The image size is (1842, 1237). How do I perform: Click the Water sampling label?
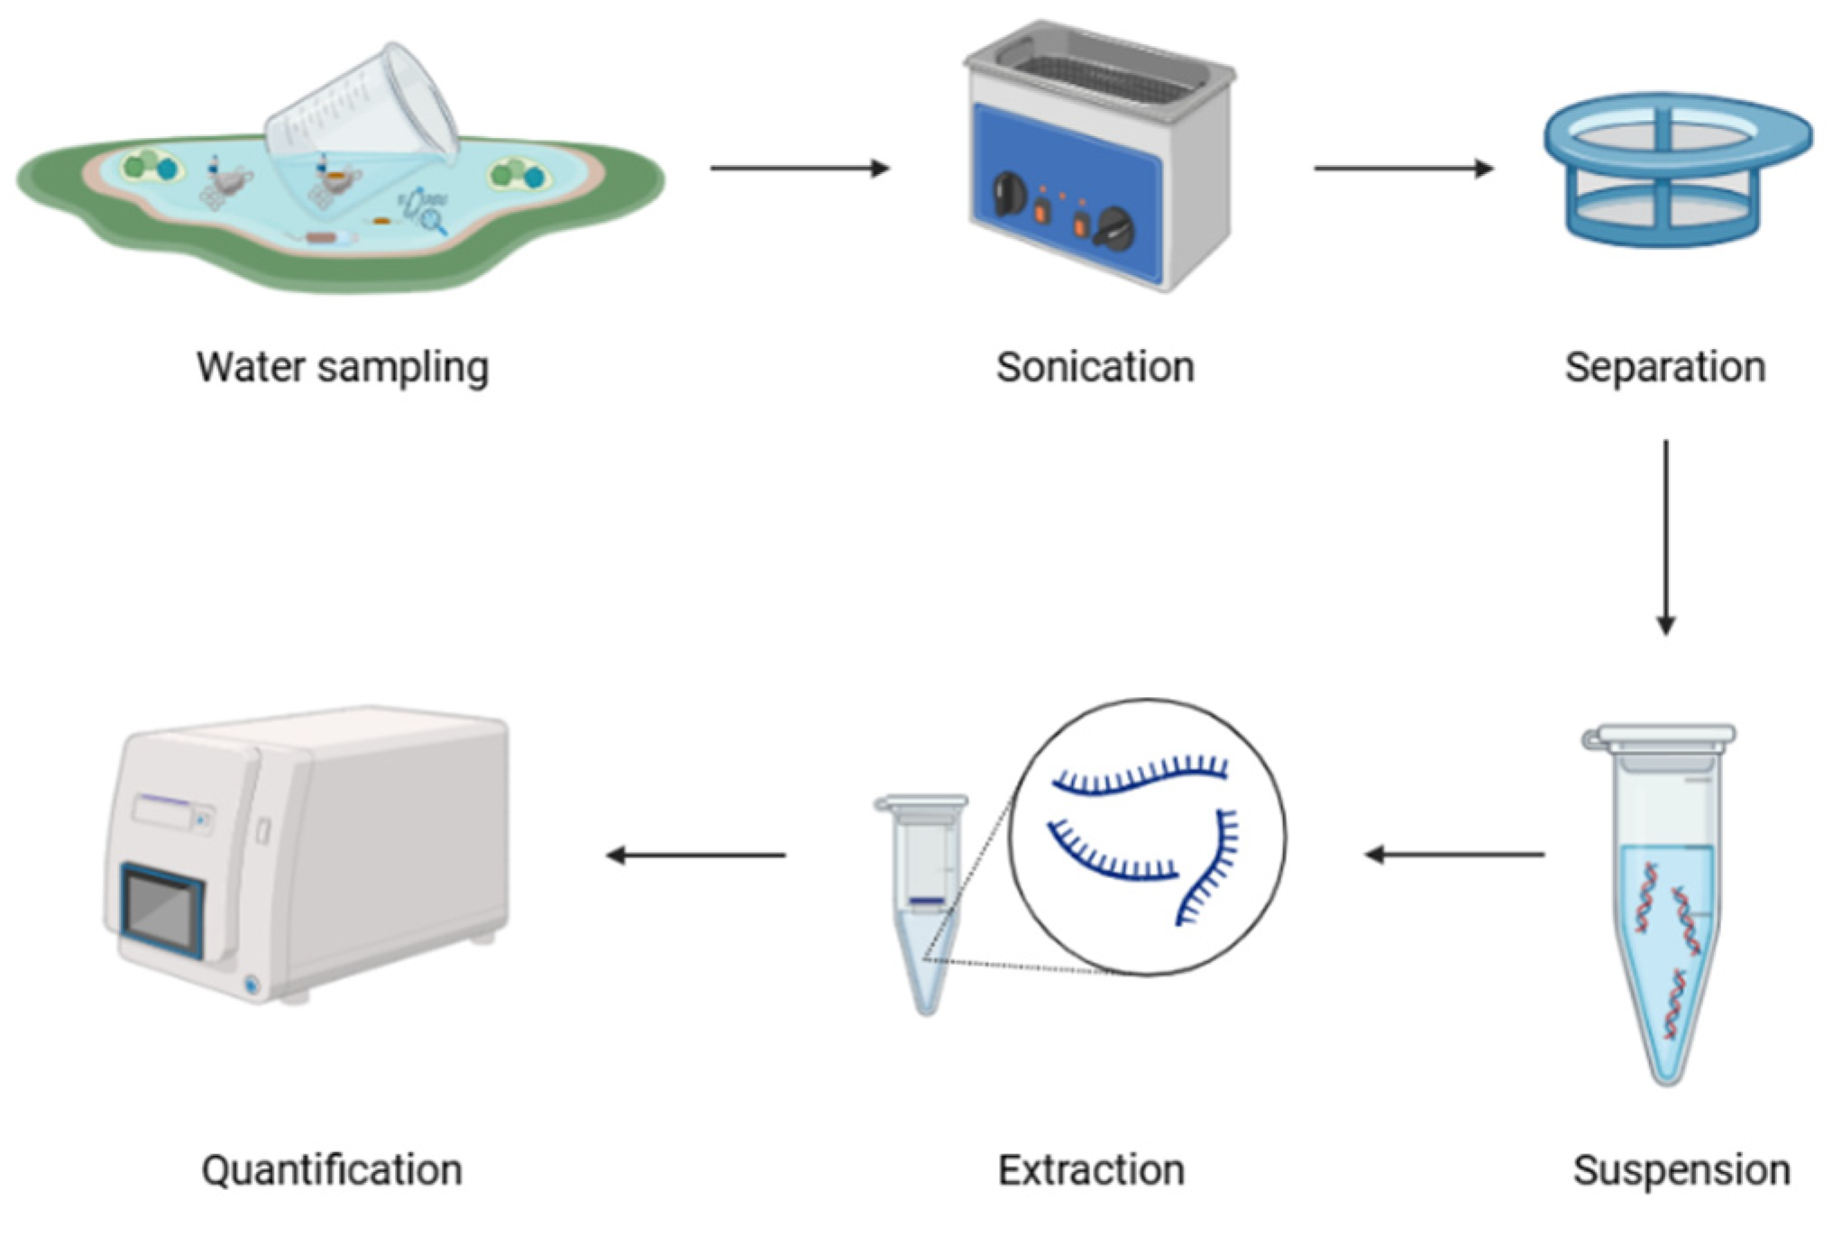tap(343, 367)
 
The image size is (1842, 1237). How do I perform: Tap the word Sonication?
tap(1095, 367)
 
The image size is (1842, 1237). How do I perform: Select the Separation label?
tap(1664, 367)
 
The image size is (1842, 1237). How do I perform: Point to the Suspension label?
tap(1681, 1170)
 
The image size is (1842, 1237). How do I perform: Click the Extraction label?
tap(1091, 1170)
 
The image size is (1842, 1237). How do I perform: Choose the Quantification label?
tap(332, 1170)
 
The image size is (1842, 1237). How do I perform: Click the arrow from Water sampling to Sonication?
tap(799, 168)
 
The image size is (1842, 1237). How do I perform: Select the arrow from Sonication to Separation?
tap(1403, 168)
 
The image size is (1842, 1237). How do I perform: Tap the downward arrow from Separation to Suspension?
tap(1665, 536)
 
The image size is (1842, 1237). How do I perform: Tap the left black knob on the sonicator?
tap(1008, 195)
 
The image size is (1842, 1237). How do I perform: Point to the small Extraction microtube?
tap(924, 902)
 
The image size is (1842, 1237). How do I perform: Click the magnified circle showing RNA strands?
tap(1147, 837)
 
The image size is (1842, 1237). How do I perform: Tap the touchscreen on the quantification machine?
tap(162, 911)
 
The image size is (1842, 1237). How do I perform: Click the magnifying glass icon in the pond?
tap(434, 219)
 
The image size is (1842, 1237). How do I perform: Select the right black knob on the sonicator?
tap(1116, 229)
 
